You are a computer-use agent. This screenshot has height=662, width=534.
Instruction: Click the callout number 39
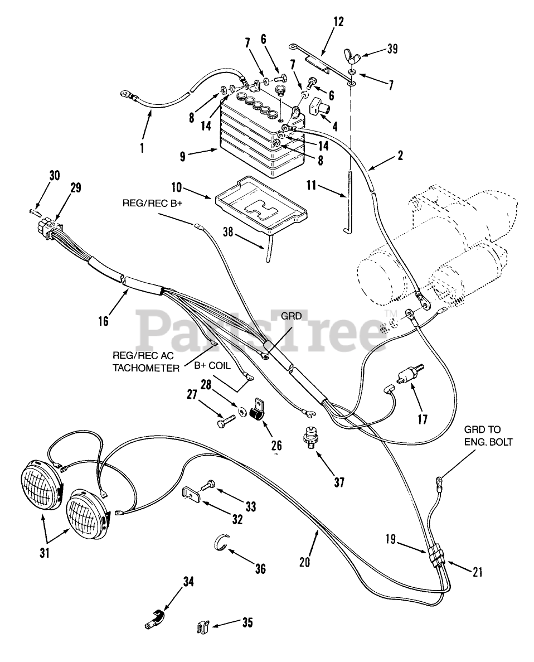[x=392, y=49]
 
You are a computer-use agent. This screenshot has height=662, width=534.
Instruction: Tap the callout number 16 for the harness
[x=103, y=321]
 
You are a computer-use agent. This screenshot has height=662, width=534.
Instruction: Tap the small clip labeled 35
[x=203, y=629]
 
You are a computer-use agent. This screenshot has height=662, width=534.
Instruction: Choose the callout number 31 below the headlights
[x=45, y=553]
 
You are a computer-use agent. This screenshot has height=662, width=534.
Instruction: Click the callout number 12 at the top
[x=338, y=22]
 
